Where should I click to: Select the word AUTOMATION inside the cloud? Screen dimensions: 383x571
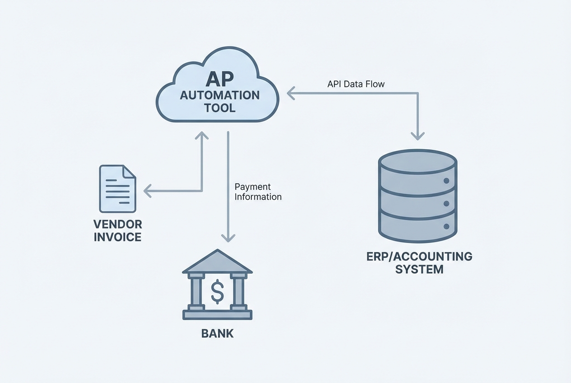tap(220, 96)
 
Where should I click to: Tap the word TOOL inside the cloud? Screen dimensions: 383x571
tap(220, 108)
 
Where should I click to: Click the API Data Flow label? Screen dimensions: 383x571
tap(356, 84)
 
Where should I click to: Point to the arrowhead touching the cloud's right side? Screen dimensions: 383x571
tap(291, 93)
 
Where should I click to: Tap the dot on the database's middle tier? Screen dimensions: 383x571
tap(447, 204)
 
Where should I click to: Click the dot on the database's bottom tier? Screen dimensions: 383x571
tap(447, 226)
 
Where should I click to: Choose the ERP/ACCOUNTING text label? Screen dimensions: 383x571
tap(419, 257)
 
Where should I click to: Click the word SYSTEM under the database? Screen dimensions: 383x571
tap(419, 270)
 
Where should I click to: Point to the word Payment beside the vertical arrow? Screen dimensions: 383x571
tap(253, 187)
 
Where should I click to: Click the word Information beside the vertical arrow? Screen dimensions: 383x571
tap(258, 197)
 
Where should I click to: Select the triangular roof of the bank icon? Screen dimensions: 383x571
tap(217, 263)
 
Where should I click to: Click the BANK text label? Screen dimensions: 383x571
tap(217, 334)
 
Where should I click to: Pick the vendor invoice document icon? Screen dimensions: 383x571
tap(117, 188)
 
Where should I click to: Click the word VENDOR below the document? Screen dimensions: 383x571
tap(117, 224)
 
